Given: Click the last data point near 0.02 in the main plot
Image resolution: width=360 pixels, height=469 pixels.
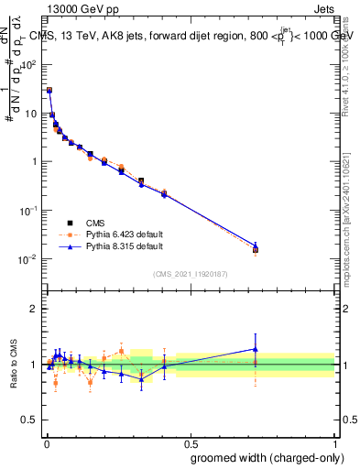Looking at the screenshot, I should tap(256, 249).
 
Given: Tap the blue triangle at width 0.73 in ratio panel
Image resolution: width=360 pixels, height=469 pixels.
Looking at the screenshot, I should tap(256, 349).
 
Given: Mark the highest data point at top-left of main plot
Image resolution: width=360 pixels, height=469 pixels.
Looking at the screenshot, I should tap(49, 91).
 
